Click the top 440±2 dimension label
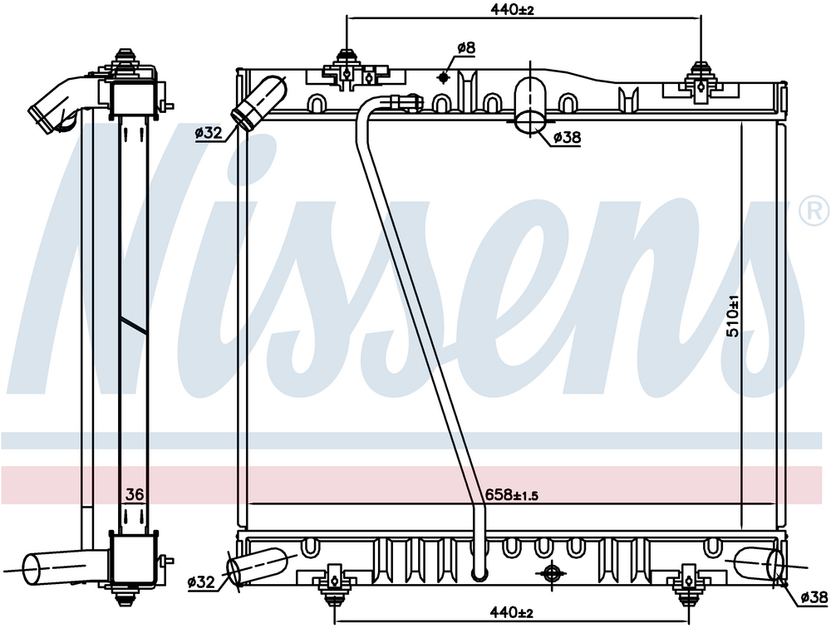coord(512,10)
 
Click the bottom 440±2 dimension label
coord(511,612)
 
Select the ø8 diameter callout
coord(466,47)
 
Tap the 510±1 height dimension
coord(733,316)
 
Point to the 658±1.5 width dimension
coord(511,495)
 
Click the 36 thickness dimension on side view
coord(135,494)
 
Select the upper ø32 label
coord(209,133)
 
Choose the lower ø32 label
coord(201,582)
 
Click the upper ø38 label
coord(567,138)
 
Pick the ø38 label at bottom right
coord(814,598)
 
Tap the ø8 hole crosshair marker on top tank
coord(443,78)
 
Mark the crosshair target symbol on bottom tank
coord(551,572)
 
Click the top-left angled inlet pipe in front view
coord(258,101)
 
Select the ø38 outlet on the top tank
coord(531,105)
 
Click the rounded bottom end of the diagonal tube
coord(479,575)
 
